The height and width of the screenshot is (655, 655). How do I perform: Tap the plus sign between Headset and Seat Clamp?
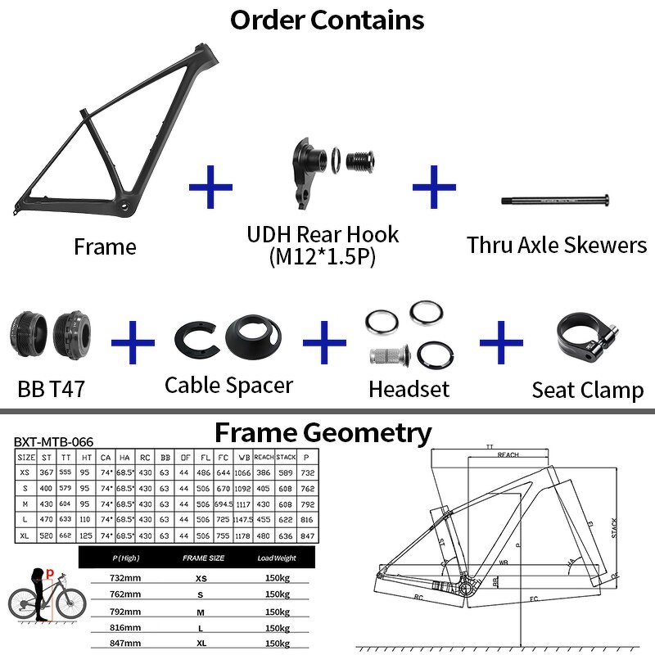[x=500, y=341]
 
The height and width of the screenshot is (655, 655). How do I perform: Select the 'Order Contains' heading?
[x=327, y=19]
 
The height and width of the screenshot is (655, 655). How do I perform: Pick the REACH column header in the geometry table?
[x=264, y=458]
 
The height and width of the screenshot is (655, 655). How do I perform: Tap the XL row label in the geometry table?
[x=25, y=535]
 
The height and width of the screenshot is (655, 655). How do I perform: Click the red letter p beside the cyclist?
[x=50, y=574]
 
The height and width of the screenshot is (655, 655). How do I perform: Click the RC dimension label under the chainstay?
[x=419, y=598]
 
